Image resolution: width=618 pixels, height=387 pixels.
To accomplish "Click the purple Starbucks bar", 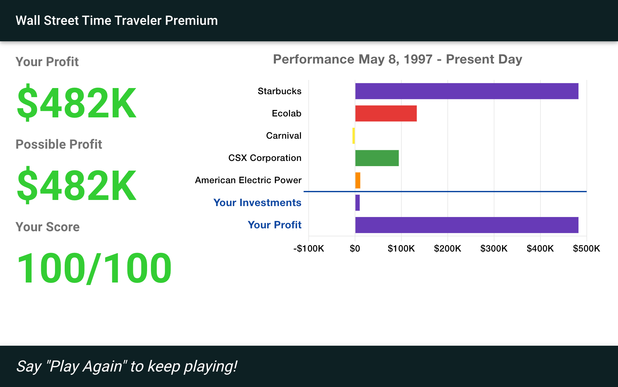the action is (467, 91).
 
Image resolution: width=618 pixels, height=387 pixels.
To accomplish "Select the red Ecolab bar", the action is (386, 114).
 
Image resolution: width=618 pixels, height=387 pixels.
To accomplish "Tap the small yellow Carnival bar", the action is (354, 136).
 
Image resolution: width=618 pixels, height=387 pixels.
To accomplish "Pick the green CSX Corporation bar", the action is (377, 158).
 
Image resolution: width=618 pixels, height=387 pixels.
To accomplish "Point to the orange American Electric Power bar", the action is (358, 180).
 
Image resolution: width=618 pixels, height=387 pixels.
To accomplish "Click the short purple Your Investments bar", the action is (357, 203).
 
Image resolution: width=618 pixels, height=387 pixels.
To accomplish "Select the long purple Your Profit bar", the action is (467, 225).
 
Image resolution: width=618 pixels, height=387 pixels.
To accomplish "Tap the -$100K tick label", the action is (309, 248).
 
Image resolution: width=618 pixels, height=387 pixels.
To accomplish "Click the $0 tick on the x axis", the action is (355, 248).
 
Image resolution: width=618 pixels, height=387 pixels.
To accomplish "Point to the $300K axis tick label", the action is (494, 248).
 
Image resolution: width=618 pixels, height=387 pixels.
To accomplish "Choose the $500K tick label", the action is (586, 248).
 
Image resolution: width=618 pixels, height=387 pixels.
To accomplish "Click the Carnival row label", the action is (284, 135).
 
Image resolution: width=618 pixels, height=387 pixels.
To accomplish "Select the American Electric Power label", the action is (248, 180).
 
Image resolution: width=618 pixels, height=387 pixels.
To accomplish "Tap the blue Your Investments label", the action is (257, 203).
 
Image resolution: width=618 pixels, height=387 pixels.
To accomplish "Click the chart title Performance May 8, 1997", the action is (353, 59).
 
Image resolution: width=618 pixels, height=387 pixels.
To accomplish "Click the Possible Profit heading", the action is (59, 144).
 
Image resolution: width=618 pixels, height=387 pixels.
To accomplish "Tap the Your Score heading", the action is (48, 227).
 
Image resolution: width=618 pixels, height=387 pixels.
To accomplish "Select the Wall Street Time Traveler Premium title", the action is (117, 21).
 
